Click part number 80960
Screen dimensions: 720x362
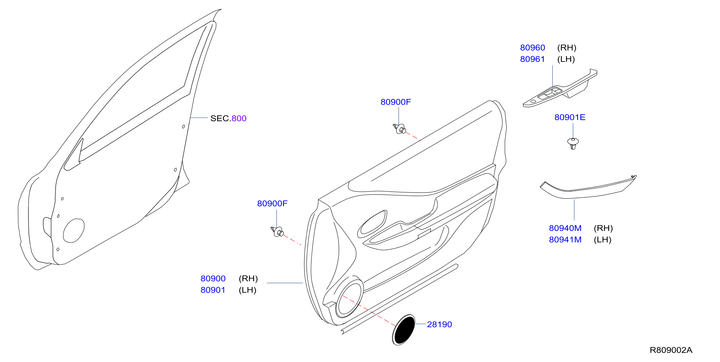point(532,48)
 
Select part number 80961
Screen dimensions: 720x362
point(532,59)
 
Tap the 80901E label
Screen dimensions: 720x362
point(570,117)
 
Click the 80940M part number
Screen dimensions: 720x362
point(565,228)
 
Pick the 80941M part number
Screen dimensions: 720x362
point(565,240)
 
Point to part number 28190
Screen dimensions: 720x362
point(439,325)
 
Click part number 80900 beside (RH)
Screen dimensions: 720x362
point(213,279)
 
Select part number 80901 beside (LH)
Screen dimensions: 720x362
point(213,290)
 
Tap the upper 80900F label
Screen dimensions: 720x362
point(396,102)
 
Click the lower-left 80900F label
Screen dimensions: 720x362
point(272,204)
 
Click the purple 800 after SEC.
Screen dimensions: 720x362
point(239,119)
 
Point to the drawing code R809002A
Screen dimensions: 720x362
point(671,350)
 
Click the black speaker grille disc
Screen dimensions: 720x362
point(404,330)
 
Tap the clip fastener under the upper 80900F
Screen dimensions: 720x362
point(400,129)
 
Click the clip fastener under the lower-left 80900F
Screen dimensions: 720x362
point(277,231)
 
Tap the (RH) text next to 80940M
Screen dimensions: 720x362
point(603,228)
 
